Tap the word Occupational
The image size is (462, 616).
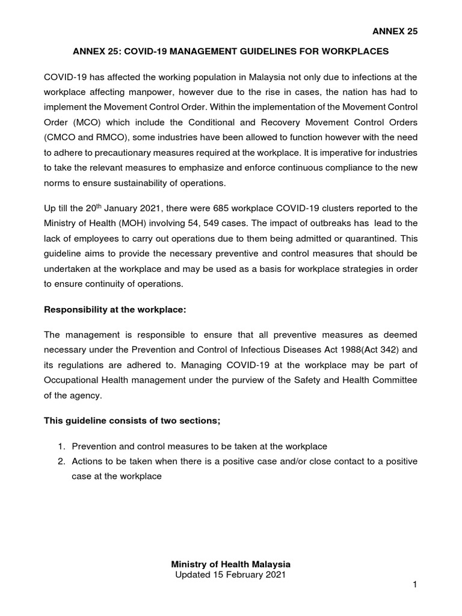click(x=72, y=381)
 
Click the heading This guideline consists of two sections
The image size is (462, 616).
click(x=133, y=420)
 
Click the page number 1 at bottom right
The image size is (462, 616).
click(x=414, y=586)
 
